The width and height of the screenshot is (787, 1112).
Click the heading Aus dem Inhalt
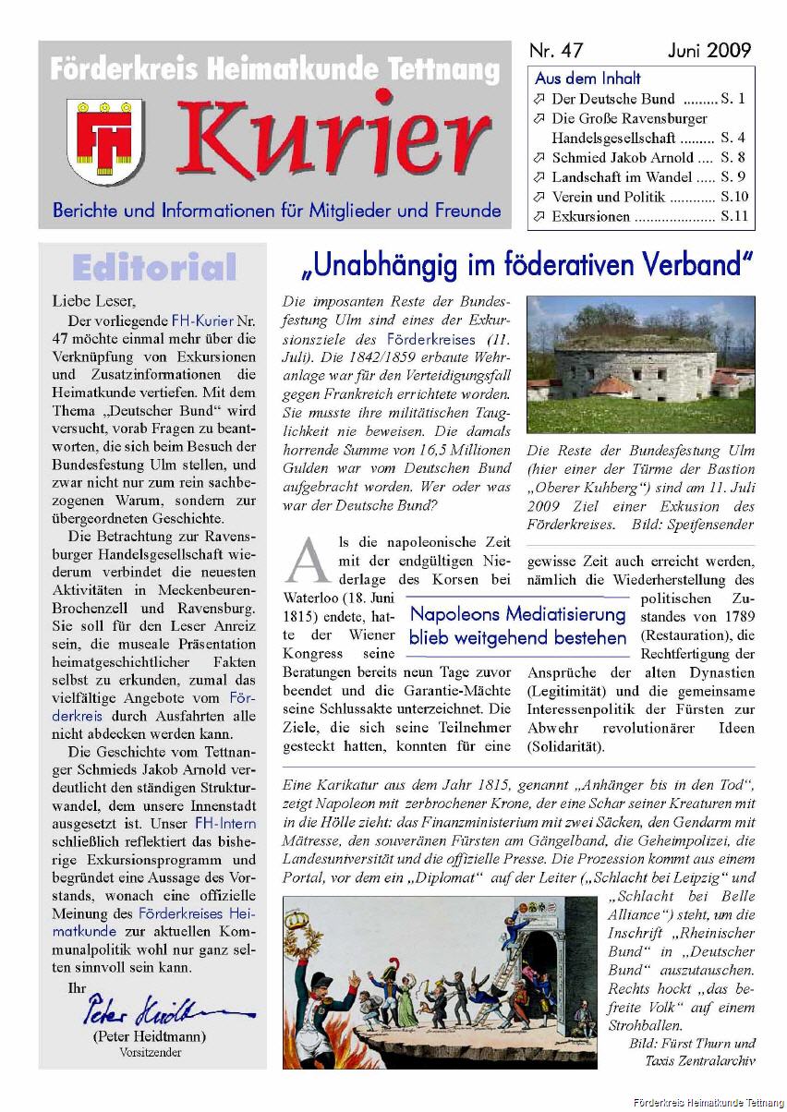click(x=587, y=79)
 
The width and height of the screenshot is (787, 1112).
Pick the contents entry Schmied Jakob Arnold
click(x=624, y=157)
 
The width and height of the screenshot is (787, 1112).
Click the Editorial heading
click(x=153, y=268)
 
